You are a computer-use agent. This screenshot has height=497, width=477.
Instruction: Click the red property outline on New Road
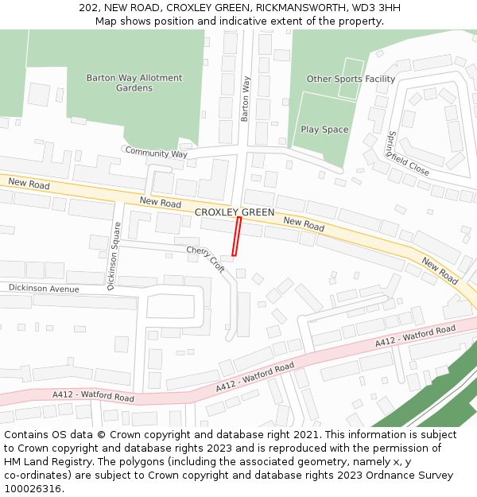click(236, 236)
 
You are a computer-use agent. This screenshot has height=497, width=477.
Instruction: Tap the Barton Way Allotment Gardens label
click(134, 83)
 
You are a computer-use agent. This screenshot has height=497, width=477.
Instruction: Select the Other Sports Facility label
click(351, 79)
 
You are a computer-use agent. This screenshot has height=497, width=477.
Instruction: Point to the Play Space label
click(324, 129)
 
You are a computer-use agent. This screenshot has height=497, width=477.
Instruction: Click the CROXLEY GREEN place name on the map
click(235, 212)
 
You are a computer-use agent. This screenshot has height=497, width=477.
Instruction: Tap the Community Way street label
click(156, 153)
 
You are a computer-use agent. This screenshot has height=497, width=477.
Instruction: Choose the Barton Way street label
click(246, 99)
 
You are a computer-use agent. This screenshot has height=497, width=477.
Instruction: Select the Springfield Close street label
click(407, 154)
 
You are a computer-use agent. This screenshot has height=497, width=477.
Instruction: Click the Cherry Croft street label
click(206, 259)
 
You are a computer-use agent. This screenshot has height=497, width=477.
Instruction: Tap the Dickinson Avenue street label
click(44, 288)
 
